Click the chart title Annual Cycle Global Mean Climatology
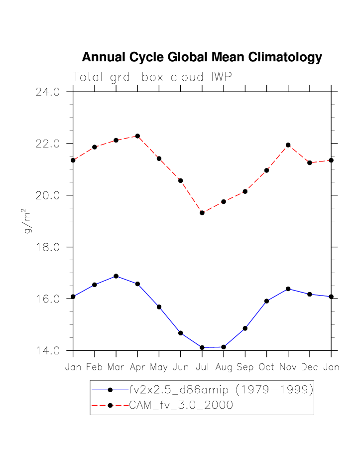(202, 57)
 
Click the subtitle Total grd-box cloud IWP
(152, 77)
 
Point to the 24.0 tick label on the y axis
(47, 92)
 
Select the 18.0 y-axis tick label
(47, 247)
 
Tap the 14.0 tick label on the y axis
(47, 351)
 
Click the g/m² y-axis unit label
(28, 223)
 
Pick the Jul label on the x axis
(202, 367)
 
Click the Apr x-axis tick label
(137, 367)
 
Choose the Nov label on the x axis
(288, 367)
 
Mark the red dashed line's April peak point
(137, 136)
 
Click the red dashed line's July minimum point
(202, 213)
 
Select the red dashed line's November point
(288, 145)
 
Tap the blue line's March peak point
(116, 276)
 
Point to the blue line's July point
(202, 347)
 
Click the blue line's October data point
(266, 301)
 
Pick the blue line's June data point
(180, 333)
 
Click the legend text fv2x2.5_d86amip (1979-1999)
(221, 390)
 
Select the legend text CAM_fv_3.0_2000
(181, 405)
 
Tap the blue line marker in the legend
(111, 390)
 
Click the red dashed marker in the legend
(111, 405)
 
